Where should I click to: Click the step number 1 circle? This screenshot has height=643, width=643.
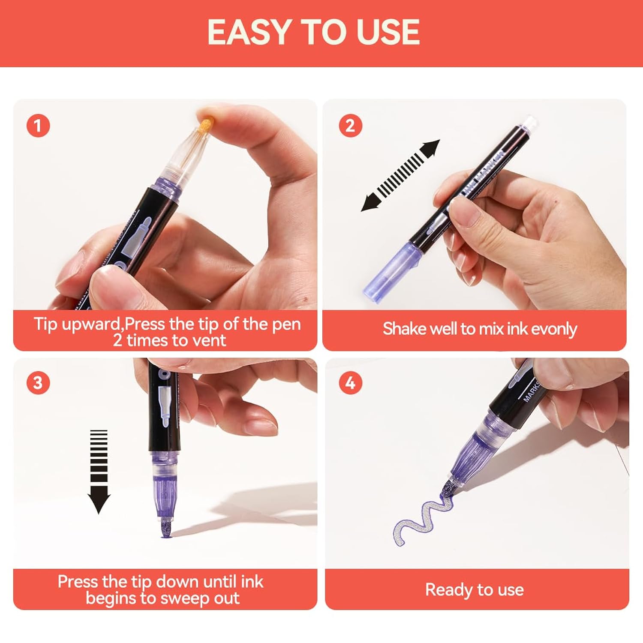coord(38,126)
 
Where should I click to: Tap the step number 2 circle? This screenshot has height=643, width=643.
coord(350,126)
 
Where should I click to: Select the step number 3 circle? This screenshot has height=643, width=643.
coord(38,382)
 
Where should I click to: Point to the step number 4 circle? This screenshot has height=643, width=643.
coord(350,382)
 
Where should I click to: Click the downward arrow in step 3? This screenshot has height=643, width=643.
coord(99,472)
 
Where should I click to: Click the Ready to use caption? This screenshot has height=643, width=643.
coord(475,590)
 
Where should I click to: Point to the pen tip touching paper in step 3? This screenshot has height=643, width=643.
coord(165,528)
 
